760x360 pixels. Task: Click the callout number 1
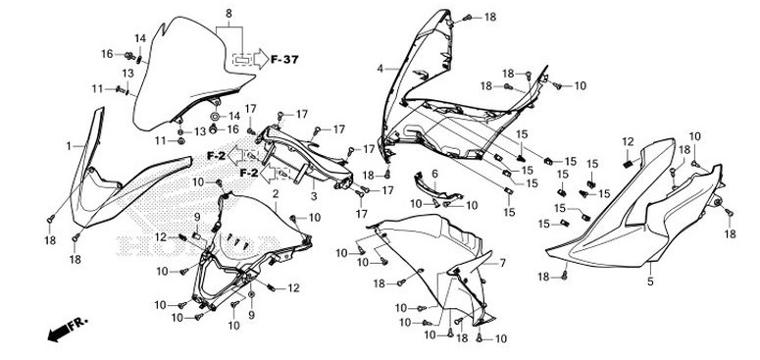pos(69,146)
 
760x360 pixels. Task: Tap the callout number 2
pos(276,194)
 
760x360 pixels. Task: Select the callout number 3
pos(314,197)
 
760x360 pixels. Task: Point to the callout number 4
pos(380,70)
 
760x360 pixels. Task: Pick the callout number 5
pos(650,281)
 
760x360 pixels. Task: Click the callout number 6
pos(434,174)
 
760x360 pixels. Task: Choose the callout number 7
pos(503,263)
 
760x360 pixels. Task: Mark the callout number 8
pos(228,14)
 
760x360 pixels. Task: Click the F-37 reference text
pos(284,60)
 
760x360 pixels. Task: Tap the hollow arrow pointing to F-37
pos(261,59)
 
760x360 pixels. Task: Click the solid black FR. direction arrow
pos(60,334)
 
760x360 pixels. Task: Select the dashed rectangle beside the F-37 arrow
pos(242,60)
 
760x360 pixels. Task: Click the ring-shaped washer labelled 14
pos(215,117)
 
